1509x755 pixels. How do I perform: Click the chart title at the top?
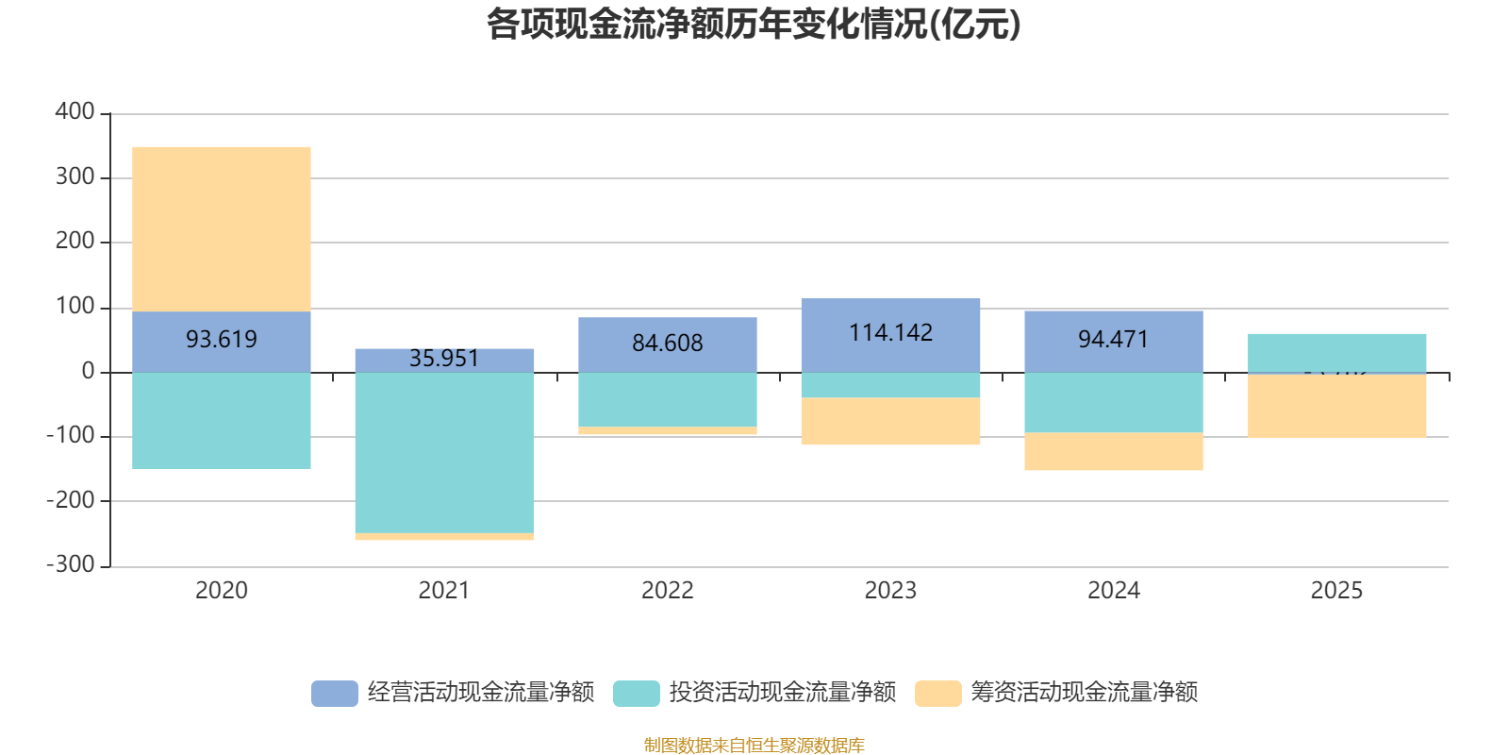point(754,25)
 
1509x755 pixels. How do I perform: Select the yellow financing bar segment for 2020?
point(222,228)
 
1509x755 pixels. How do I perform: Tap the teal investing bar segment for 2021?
point(444,453)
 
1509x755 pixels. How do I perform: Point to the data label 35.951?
point(444,359)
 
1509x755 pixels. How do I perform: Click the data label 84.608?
point(668,344)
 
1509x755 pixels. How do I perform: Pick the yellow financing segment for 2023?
point(890,421)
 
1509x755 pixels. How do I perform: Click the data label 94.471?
point(1114,339)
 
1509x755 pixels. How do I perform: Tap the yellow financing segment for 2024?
point(1114,451)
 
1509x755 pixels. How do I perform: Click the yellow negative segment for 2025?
point(1336,407)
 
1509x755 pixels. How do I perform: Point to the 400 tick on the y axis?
point(75,111)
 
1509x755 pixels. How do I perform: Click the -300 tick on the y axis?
point(71,565)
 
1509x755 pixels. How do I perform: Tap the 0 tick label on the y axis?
point(88,372)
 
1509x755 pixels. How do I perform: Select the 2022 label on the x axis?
point(668,591)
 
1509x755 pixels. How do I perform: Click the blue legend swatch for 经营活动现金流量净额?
point(335,693)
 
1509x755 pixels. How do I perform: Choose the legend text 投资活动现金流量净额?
point(783,693)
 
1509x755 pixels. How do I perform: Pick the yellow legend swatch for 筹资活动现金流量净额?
point(938,693)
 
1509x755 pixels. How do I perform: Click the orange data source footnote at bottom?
point(754,746)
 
